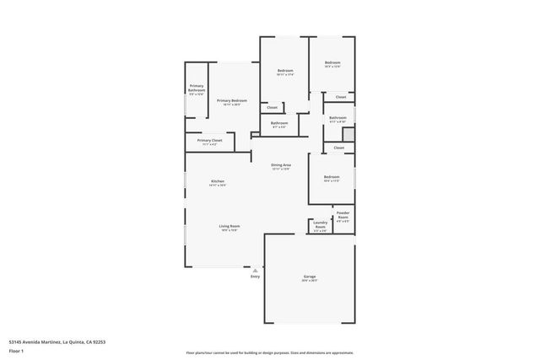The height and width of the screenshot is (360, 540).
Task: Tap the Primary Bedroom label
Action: (x=231, y=101)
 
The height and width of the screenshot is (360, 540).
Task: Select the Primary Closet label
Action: (x=209, y=140)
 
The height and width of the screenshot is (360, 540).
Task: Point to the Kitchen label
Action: (x=218, y=181)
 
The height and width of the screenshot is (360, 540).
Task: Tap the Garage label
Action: (x=310, y=277)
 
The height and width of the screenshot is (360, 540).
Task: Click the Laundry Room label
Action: (x=321, y=225)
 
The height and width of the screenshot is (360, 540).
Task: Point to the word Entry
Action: (x=255, y=277)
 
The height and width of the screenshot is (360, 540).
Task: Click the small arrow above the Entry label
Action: (x=255, y=270)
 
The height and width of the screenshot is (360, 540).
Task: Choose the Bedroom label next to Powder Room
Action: (x=332, y=177)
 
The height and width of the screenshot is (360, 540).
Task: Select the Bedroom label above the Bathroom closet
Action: (x=332, y=62)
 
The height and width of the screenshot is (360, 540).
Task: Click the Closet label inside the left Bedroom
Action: (x=272, y=107)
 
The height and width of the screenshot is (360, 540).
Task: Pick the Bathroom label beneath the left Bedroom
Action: (x=279, y=123)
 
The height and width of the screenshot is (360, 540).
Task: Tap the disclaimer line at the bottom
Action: (x=270, y=352)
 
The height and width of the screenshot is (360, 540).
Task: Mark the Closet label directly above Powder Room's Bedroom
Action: (x=338, y=148)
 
